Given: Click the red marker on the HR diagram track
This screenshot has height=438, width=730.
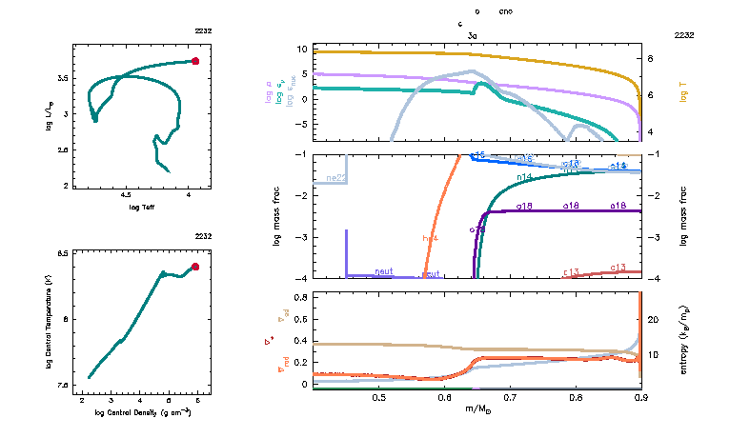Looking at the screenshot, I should click(x=195, y=61).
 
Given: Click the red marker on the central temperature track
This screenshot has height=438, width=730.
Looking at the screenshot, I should click(x=195, y=267).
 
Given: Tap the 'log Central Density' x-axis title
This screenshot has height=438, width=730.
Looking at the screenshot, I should click(x=144, y=412).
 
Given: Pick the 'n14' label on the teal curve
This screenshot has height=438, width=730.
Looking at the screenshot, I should click(x=524, y=177).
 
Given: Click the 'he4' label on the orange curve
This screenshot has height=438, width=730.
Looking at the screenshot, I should click(x=430, y=237).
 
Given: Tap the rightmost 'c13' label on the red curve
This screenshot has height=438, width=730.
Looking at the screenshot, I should click(x=618, y=268).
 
